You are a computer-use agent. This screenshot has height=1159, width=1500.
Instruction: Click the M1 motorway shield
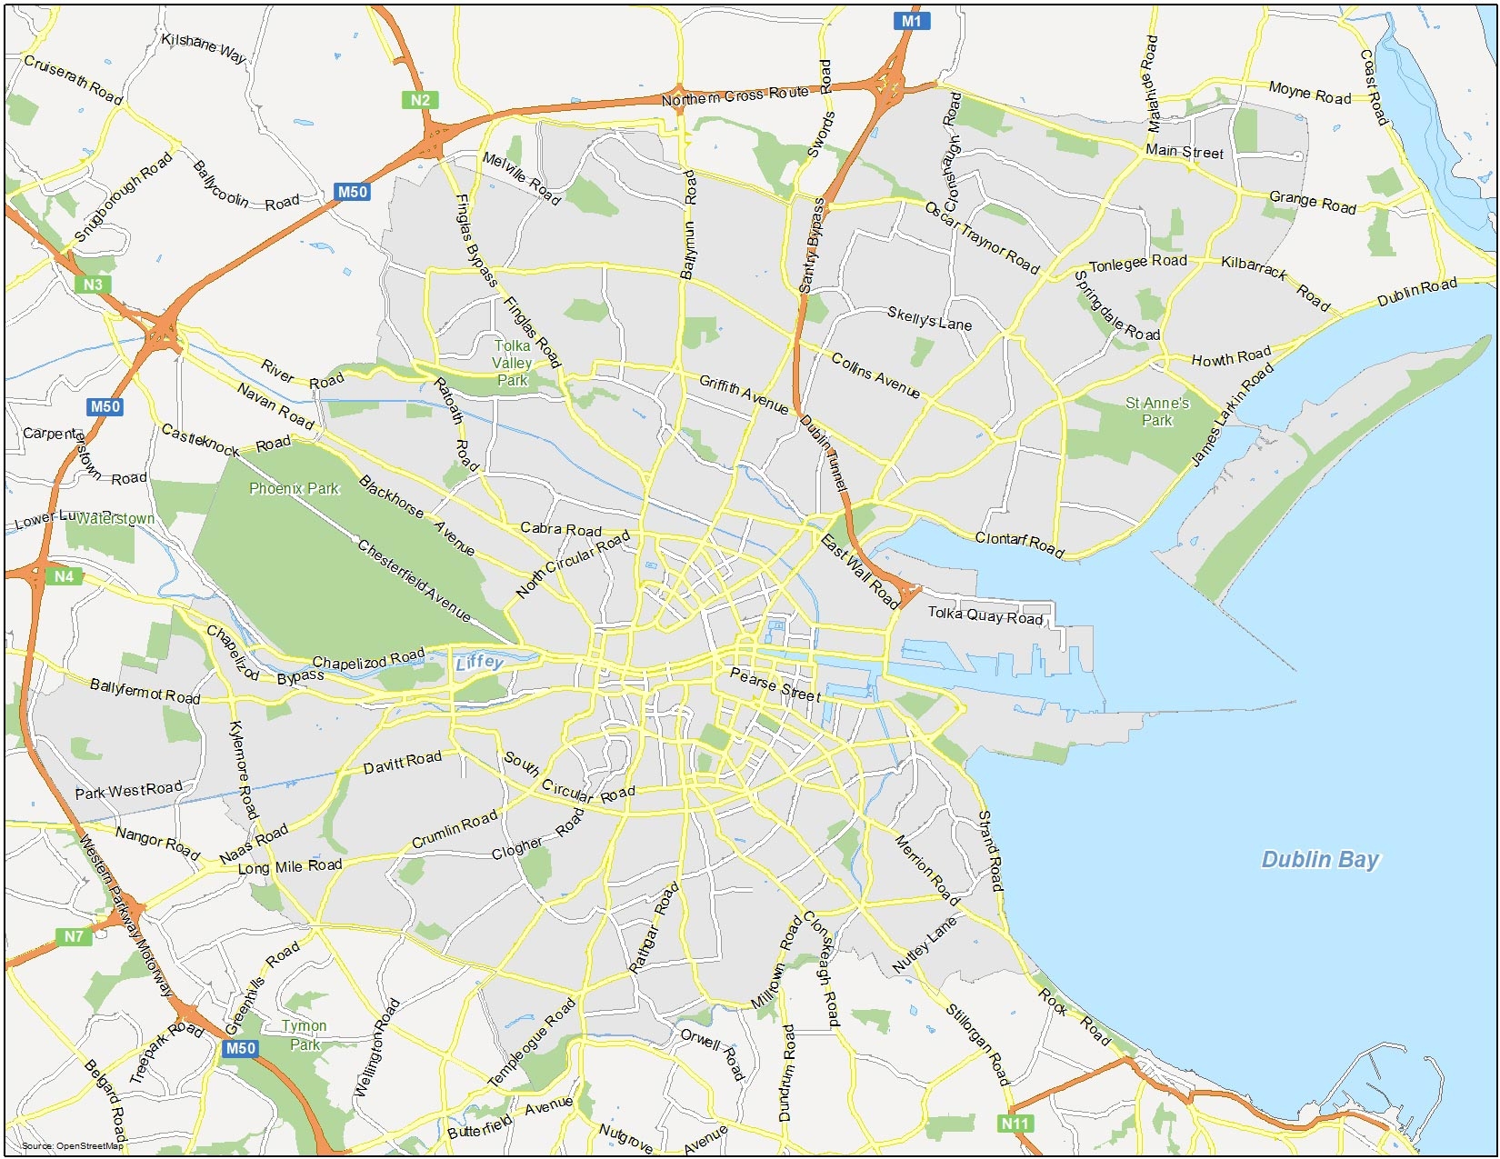(911, 21)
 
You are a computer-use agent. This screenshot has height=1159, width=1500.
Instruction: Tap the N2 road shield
(420, 100)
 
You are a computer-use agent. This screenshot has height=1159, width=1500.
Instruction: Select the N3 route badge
(93, 285)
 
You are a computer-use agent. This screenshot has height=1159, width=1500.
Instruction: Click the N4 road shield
(64, 576)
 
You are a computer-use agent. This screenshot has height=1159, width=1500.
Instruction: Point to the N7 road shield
(74, 936)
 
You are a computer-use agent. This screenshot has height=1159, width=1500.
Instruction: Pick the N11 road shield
(1015, 1124)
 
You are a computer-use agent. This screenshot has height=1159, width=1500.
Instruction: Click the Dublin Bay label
(1320, 859)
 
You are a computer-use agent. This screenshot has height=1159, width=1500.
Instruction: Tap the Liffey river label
(479, 662)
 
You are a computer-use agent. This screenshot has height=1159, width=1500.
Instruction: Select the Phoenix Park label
(294, 489)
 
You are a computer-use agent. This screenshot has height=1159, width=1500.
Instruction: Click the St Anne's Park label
(1156, 411)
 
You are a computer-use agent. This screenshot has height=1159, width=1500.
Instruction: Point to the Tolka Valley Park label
(512, 363)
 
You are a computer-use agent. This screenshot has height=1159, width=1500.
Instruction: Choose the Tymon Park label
(304, 1034)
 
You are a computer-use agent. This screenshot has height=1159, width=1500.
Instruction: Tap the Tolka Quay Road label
(985, 615)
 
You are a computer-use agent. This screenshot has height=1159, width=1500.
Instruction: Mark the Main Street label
(1184, 151)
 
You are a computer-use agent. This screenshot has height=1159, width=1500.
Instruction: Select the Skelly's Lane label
(929, 318)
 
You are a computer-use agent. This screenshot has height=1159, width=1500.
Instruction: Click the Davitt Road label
(402, 762)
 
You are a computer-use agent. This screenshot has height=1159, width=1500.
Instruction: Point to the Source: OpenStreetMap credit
(72, 1145)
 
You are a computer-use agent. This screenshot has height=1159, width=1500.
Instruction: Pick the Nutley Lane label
(925, 945)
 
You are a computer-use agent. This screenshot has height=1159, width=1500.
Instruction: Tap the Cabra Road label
(560, 528)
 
